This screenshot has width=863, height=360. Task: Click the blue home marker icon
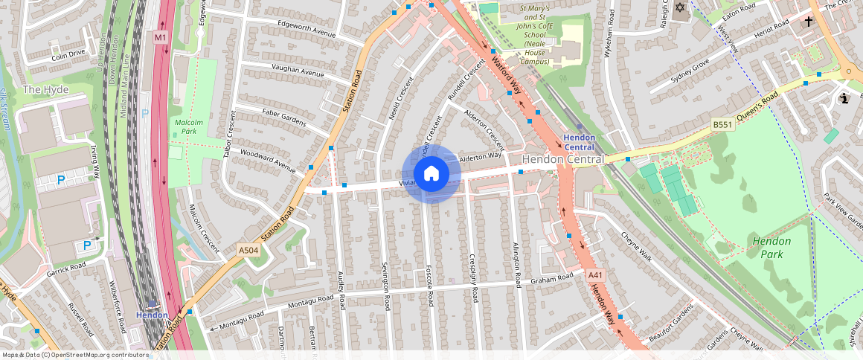pyautogui.click(x=431, y=174)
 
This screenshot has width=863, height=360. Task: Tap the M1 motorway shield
pyautogui.click(x=160, y=36)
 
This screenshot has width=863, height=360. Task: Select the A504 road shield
pyautogui.click(x=248, y=251)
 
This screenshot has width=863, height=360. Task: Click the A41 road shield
pyautogui.click(x=594, y=275)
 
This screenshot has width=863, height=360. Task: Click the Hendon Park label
pyautogui.click(x=771, y=248)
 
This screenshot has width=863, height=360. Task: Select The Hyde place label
pyautogui.click(x=46, y=89)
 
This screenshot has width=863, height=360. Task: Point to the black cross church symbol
pyautogui.click(x=809, y=22)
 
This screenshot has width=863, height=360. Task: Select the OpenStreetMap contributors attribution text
pyautogui.click(x=74, y=355)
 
